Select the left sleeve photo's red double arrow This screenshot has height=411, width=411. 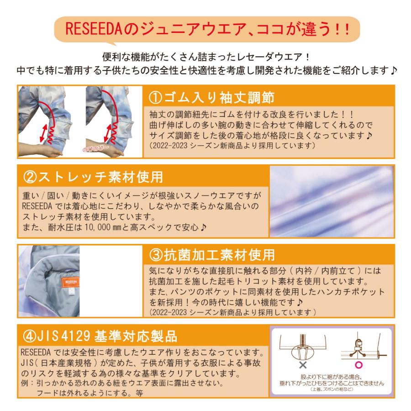(x=45, y=132)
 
